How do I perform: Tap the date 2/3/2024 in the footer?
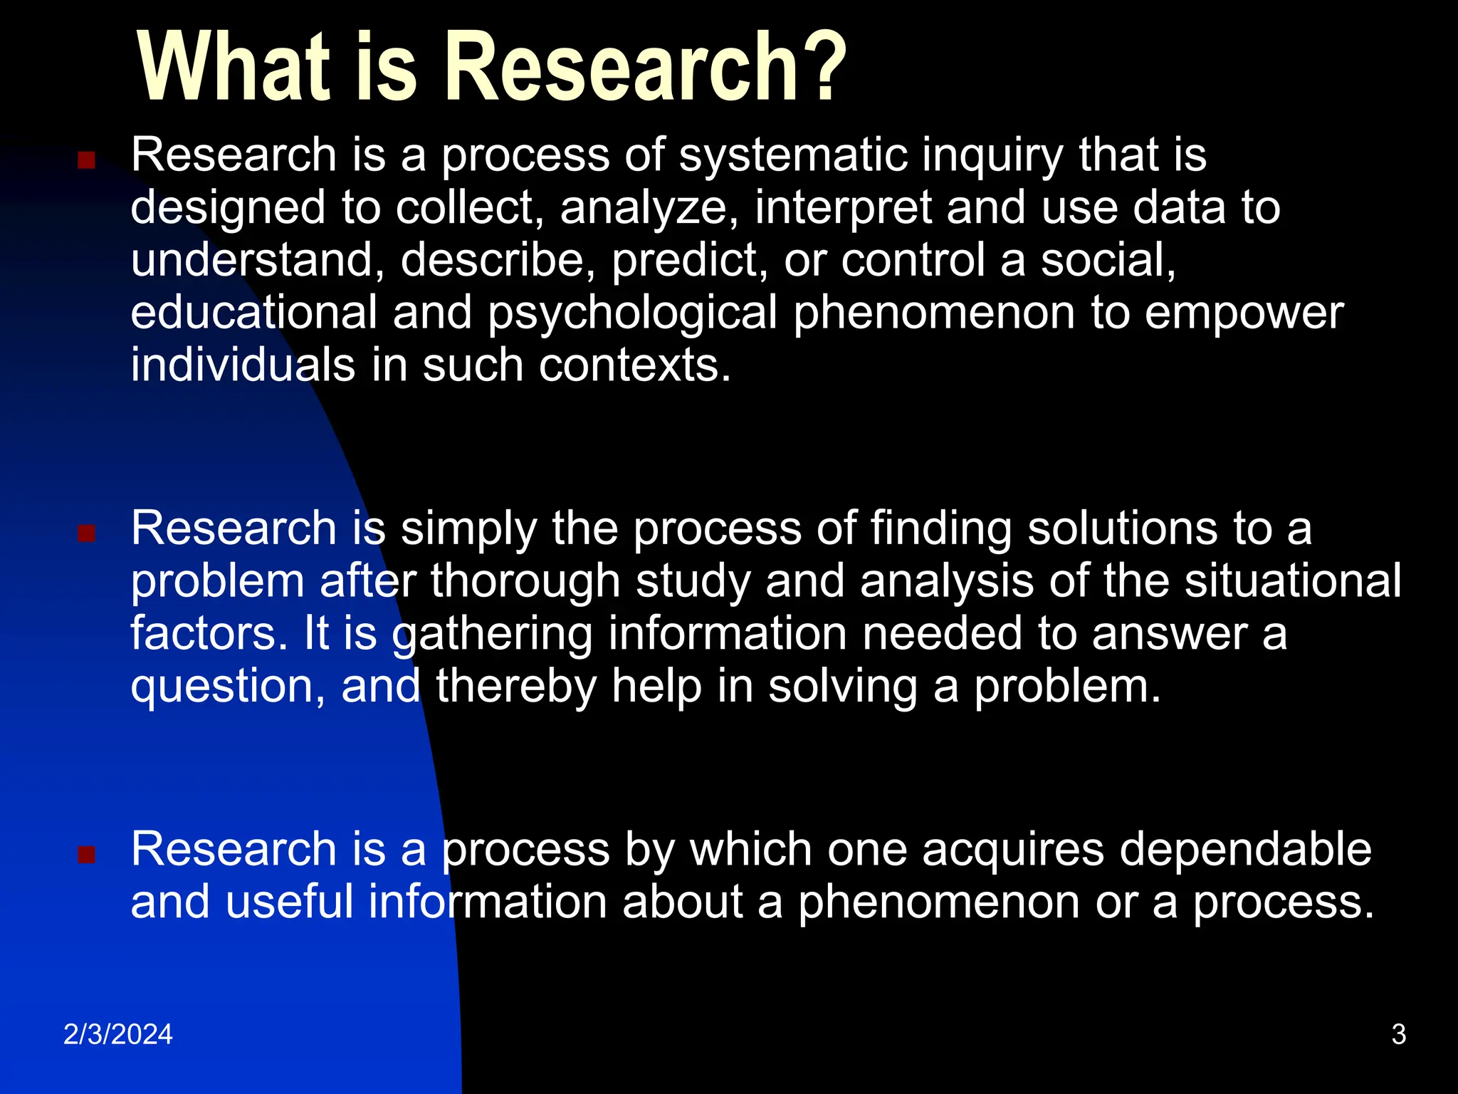[118, 1034]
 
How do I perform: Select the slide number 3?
[1398, 1034]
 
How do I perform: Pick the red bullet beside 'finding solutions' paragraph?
[86, 533]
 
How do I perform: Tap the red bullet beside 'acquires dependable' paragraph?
[86, 854]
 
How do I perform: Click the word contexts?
[635, 366]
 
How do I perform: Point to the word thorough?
[525, 581]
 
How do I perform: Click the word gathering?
[493, 635]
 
